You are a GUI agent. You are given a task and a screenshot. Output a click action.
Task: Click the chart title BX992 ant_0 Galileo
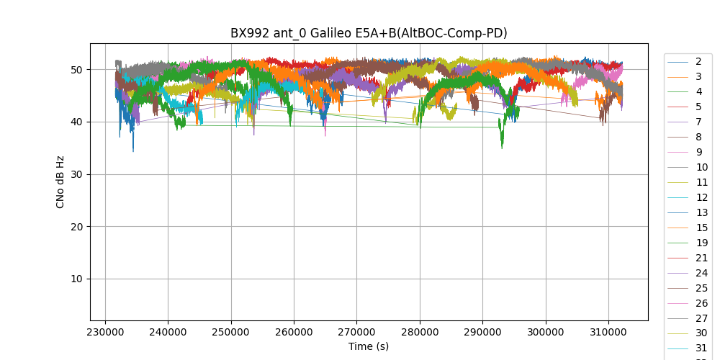tap(369, 33)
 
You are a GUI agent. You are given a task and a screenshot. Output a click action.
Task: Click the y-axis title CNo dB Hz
tap(60, 182)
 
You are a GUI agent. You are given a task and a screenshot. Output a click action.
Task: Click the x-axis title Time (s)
tap(369, 346)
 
